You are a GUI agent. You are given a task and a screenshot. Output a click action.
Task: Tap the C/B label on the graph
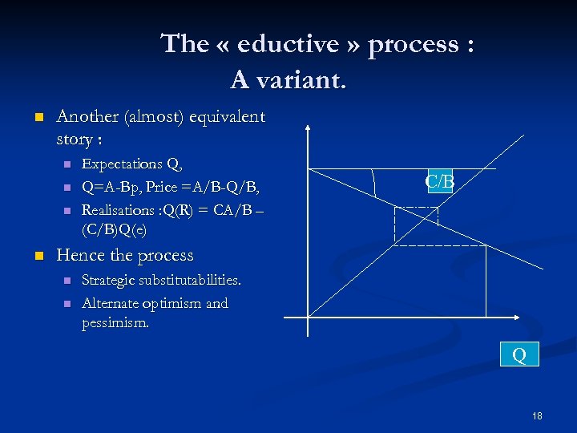[440, 182]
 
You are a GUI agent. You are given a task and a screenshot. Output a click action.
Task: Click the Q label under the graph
[519, 354]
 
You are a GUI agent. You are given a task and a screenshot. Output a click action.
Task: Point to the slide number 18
[537, 415]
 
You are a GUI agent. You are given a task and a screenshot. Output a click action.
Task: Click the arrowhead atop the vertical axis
[309, 127]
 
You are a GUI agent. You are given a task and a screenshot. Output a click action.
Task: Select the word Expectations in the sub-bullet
[122, 164]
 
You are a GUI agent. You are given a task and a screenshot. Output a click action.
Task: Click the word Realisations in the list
[119, 210]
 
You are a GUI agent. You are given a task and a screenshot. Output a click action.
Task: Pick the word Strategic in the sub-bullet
[110, 281]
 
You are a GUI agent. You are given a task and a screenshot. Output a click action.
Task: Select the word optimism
[168, 304]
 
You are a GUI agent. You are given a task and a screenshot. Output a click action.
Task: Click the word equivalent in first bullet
[228, 117]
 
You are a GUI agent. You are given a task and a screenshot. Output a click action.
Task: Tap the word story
[74, 140]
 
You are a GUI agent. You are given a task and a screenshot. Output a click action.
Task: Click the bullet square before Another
[37, 117]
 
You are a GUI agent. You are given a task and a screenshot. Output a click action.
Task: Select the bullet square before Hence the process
[37, 256]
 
